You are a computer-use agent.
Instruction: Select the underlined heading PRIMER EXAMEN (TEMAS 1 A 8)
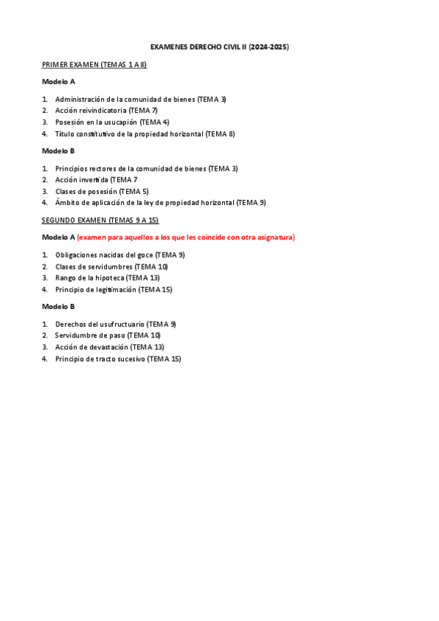(x=94, y=64)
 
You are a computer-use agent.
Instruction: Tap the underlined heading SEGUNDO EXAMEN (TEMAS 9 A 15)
(x=100, y=220)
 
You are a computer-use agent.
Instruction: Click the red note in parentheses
(x=186, y=237)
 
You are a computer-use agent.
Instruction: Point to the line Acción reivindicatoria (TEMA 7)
(x=106, y=111)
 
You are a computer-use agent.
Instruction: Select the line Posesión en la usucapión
(x=112, y=122)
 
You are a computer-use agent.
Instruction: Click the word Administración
(x=80, y=99)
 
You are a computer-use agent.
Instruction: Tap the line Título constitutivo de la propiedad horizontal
(x=145, y=134)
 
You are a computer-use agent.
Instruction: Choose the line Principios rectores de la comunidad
(x=147, y=168)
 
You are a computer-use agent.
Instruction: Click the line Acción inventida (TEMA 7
(x=96, y=179)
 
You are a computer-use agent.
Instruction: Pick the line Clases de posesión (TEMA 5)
(x=102, y=191)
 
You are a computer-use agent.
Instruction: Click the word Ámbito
(x=67, y=203)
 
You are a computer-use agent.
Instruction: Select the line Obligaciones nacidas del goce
(x=120, y=255)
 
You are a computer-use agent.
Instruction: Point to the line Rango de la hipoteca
(x=107, y=278)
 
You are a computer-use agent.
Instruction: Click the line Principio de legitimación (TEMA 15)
(x=114, y=289)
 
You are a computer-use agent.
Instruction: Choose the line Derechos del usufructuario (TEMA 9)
(x=116, y=324)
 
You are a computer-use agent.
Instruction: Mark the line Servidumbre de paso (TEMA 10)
(x=108, y=335)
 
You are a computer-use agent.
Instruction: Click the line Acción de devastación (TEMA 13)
(x=110, y=347)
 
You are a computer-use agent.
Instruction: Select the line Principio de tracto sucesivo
(x=118, y=359)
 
